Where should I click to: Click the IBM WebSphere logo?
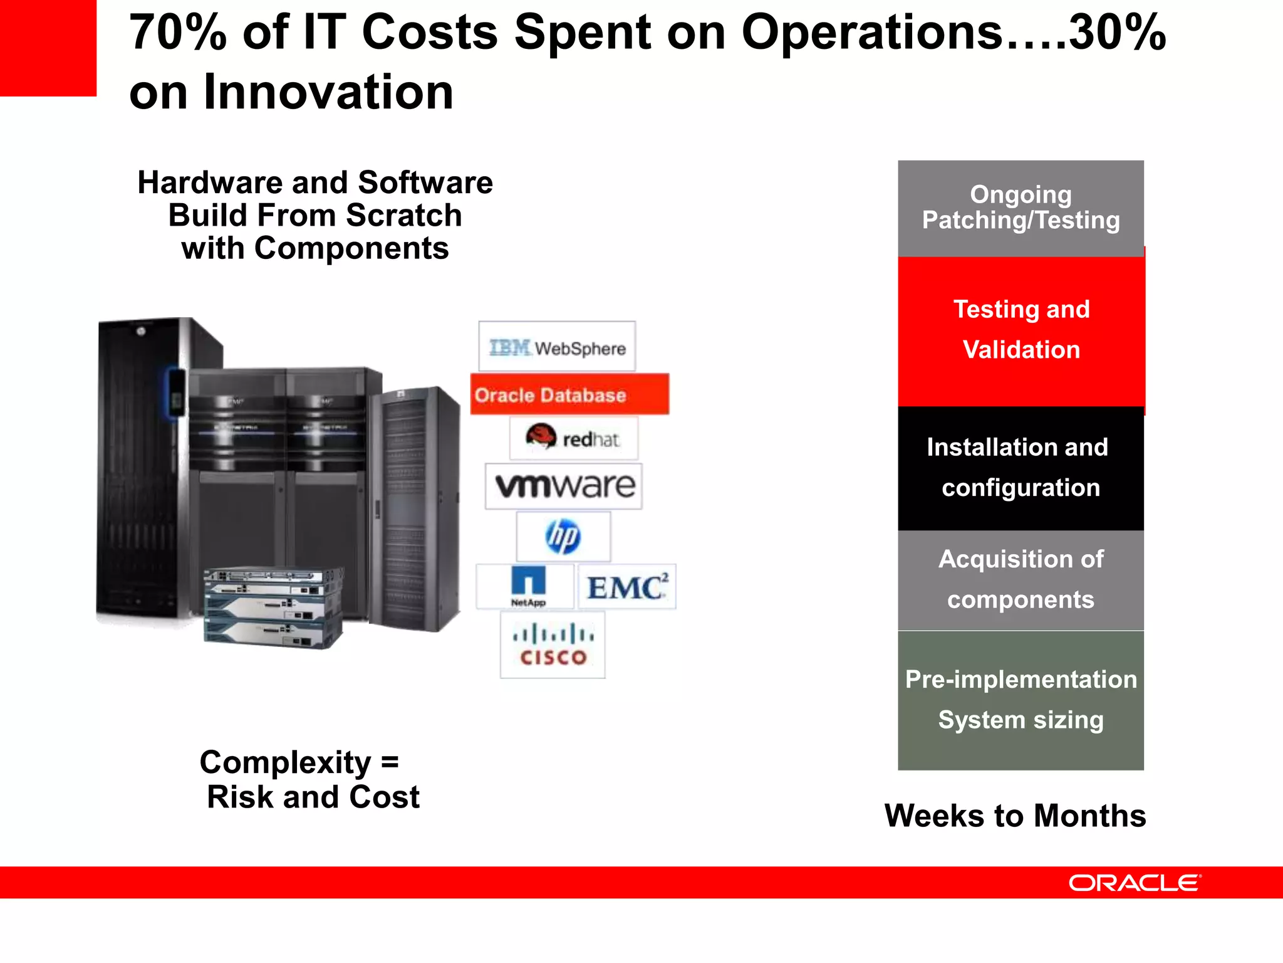(557, 347)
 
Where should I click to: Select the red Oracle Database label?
(569, 394)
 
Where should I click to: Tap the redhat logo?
(574, 438)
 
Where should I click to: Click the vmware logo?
(564, 487)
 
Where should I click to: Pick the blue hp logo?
(563, 536)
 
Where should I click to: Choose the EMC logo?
(626, 587)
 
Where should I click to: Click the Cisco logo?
(553, 645)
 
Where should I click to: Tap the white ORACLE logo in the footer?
(1134, 883)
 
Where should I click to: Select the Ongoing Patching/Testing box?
(1021, 208)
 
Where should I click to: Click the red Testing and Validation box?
(1021, 330)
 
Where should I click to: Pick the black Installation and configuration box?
(1021, 468)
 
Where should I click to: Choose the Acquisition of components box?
(1021, 580)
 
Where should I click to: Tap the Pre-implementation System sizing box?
(1021, 700)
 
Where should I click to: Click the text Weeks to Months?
(1015, 816)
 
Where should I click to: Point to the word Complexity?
(286, 763)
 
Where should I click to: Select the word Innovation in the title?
(328, 92)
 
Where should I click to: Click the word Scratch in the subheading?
(404, 216)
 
